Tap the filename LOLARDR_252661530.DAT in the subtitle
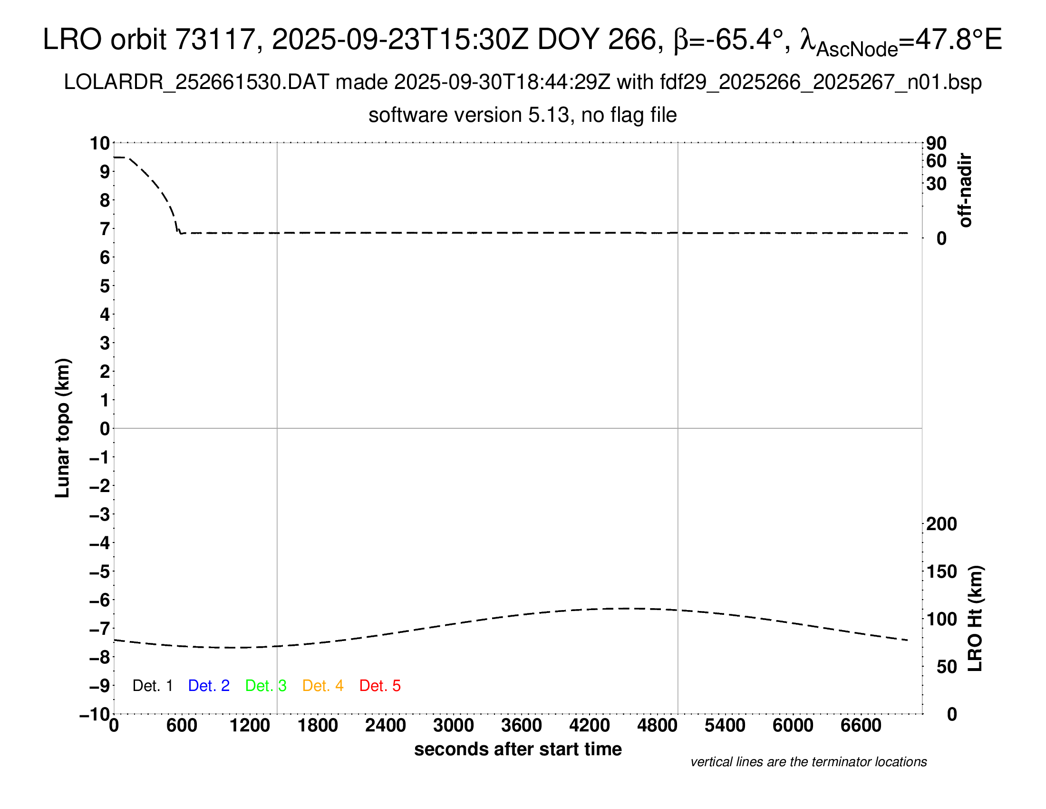pyautogui.click(x=196, y=82)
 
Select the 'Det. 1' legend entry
pyautogui.click(x=152, y=686)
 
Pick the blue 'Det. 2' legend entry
pyautogui.click(x=209, y=686)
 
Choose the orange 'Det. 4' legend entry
pyautogui.click(x=323, y=686)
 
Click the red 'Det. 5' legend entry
pyautogui.click(x=380, y=686)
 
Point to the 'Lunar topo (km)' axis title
pyautogui.click(x=63, y=428)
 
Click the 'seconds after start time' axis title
pyautogui.click(x=518, y=749)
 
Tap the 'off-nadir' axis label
pyautogui.click(x=965, y=190)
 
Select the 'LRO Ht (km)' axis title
pyautogui.click(x=975, y=619)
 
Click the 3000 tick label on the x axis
pyautogui.click(x=454, y=726)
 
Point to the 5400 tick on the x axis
pyautogui.click(x=725, y=726)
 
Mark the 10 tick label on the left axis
pyautogui.click(x=100, y=143)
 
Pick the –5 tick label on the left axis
pyautogui.click(x=100, y=572)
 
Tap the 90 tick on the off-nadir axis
pyautogui.click(x=936, y=143)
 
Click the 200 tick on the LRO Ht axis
pyautogui.click(x=941, y=524)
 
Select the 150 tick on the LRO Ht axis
pyautogui.click(x=941, y=571)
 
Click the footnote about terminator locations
pyautogui.click(x=808, y=762)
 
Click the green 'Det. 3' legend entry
pyautogui.click(x=266, y=686)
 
